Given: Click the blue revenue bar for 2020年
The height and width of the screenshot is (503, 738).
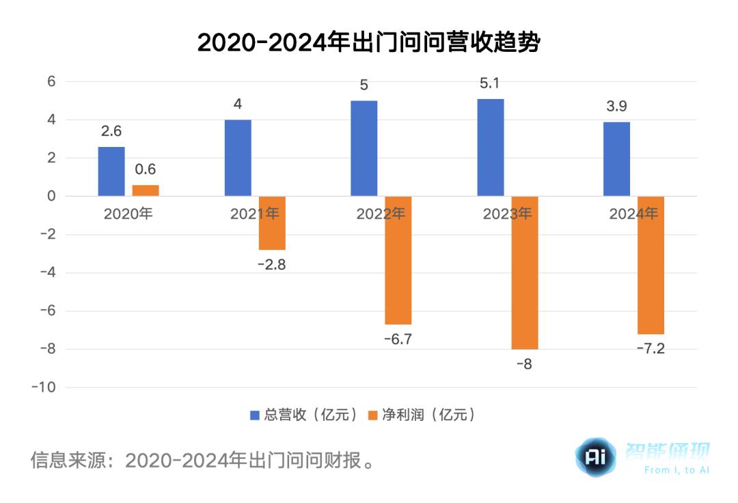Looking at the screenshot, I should pyautogui.click(x=111, y=172).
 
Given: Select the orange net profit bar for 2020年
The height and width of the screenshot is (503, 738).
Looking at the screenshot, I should pyautogui.click(x=146, y=191).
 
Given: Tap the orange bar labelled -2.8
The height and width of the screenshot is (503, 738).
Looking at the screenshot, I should pyautogui.click(x=272, y=223).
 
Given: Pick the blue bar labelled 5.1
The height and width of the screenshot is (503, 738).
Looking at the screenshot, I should pyautogui.click(x=491, y=148).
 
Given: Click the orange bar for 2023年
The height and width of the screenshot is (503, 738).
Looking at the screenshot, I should pyautogui.click(x=525, y=273).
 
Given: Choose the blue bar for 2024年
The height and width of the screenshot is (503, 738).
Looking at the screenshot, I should pyautogui.click(x=617, y=159).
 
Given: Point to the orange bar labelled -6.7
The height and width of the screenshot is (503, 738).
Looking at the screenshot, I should pyautogui.click(x=398, y=260).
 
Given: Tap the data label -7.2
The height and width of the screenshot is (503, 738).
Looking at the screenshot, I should pyautogui.click(x=650, y=349).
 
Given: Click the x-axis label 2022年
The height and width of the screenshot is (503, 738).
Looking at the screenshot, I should pyautogui.click(x=381, y=214).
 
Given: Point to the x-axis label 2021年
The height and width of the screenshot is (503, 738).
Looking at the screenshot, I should pyautogui.click(x=254, y=214).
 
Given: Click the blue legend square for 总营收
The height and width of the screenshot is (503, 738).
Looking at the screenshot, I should pyautogui.click(x=254, y=415).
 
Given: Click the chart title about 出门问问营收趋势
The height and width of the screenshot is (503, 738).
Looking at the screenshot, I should pyautogui.click(x=369, y=42).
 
